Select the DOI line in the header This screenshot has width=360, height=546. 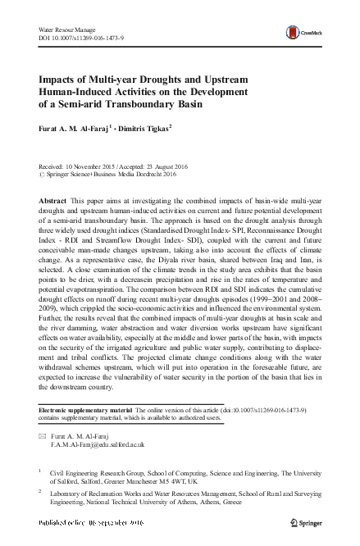(82, 39)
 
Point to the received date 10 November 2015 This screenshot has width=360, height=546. (100, 165)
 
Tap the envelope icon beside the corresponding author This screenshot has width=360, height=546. (42, 438)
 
